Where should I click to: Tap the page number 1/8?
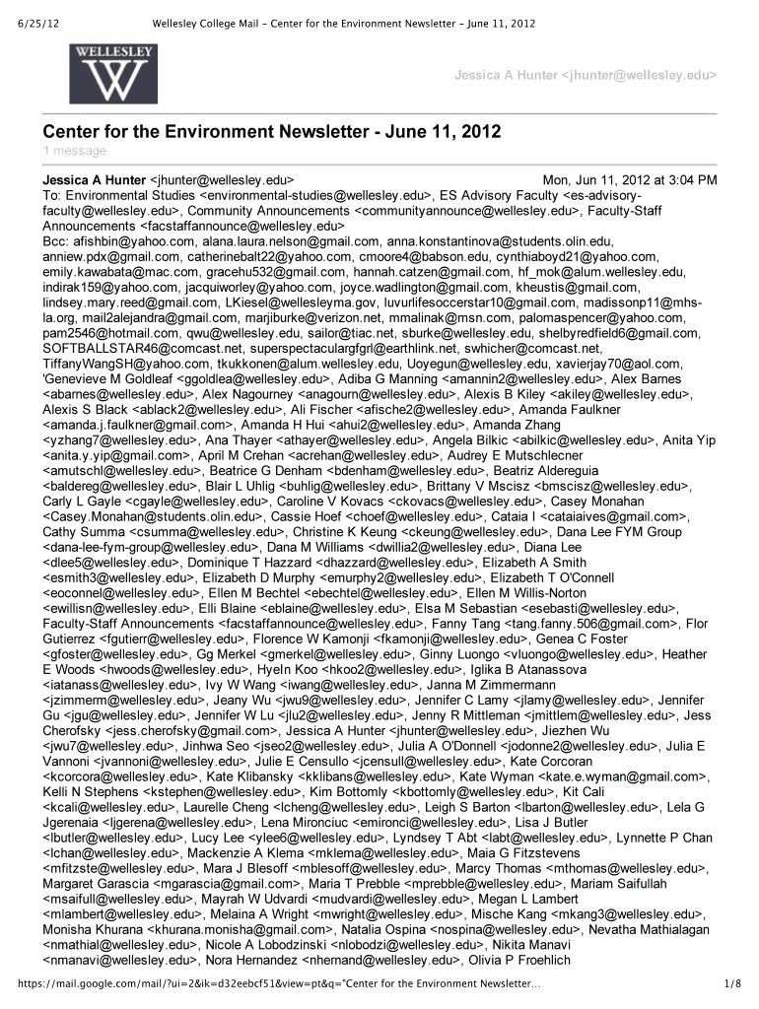click(x=730, y=983)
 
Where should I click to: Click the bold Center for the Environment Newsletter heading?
click(x=271, y=131)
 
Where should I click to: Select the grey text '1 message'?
click(x=74, y=151)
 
